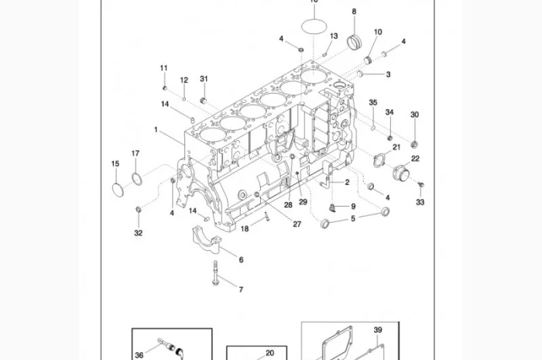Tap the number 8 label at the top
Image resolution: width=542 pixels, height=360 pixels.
[354, 12]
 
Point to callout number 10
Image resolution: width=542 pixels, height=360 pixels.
[378, 32]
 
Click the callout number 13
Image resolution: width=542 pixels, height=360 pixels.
[334, 36]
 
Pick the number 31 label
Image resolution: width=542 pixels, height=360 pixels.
[204, 79]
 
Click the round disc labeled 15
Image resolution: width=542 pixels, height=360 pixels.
[117, 190]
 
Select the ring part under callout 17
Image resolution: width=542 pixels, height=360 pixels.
[137, 180]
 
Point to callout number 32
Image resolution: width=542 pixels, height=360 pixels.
[138, 232]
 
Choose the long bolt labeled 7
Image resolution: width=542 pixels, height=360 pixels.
[214, 273]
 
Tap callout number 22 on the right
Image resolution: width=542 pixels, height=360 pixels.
[415, 159]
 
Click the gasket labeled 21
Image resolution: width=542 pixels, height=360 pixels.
[380, 160]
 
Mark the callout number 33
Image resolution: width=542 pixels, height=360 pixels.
[420, 202]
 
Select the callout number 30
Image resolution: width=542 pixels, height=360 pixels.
[414, 115]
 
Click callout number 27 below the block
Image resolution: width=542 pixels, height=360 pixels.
[297, 225]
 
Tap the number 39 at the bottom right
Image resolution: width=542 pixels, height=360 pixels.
[378, 331]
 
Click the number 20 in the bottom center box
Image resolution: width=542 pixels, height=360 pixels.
[269, 353]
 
